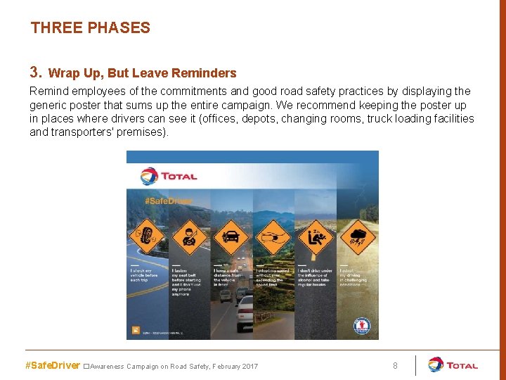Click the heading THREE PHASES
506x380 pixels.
click(90, 28)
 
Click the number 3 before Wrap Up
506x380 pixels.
click(36, 72)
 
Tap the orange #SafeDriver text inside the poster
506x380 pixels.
click(168, 201)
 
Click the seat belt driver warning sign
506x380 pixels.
click(190, 238)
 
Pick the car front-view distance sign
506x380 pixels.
click(231, 238)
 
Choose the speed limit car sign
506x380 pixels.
click(272, 238)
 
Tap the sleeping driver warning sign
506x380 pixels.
click(314, 238)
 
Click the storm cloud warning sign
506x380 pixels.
click(357, 238)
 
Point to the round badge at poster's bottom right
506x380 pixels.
click(361, 327)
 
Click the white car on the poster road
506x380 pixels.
click(244, 311)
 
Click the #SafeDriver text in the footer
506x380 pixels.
click(53, 366)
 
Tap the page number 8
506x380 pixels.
click(395, 366)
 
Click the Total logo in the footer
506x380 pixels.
click(453, 365)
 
